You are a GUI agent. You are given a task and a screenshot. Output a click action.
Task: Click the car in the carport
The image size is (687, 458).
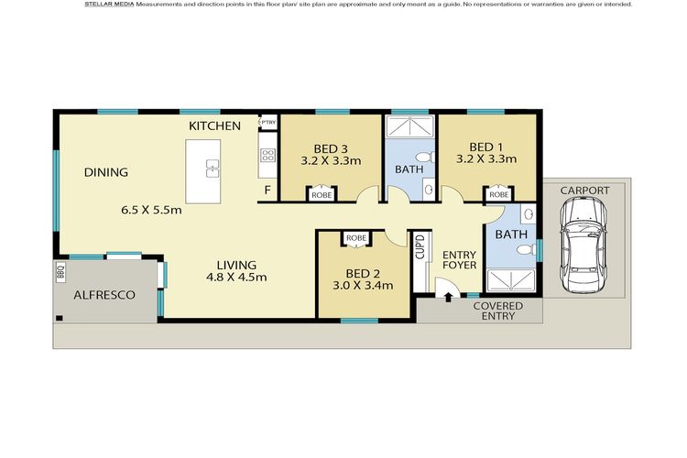tap(583, 245)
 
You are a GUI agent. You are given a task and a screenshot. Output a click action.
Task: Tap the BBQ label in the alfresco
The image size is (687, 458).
tap(60, 272)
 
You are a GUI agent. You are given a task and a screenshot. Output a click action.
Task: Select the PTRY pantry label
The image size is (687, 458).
tap(268, 122)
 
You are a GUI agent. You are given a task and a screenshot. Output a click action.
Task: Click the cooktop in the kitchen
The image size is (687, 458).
tap(267, 155)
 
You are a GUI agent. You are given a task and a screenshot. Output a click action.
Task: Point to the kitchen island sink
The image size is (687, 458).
tap(213, 169)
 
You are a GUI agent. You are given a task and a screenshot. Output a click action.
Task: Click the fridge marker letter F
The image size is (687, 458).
tap(267, 191)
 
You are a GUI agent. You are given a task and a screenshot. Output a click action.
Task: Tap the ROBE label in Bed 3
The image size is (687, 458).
tap(322, 195)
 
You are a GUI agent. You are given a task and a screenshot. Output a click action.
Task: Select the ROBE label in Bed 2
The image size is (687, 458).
tap(356, 238)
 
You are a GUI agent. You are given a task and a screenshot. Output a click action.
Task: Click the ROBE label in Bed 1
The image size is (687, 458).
tap(499, 194)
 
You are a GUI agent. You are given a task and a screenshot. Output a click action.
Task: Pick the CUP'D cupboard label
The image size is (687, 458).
tap(420, 246)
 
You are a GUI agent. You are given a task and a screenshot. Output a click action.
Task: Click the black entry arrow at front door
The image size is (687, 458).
tap(448, 298)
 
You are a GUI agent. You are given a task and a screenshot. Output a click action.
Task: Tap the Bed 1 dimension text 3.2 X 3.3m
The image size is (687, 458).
tap(486, 158)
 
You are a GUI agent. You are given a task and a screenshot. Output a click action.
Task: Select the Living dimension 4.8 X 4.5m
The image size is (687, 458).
tap(236, 277)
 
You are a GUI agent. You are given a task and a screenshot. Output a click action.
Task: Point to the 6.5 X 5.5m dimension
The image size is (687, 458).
tap(151, 210)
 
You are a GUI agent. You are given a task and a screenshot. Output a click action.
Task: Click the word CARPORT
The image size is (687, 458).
tap(585, 191)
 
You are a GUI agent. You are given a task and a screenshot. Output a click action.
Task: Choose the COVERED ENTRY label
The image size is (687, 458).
tap(498, 311)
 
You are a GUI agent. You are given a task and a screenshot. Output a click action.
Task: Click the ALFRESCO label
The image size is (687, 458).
tap(104, 295)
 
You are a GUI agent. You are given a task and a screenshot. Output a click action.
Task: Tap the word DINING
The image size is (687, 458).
tap(106, 172)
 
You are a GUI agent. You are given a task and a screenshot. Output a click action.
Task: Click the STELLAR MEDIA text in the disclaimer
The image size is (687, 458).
tap(109, 5)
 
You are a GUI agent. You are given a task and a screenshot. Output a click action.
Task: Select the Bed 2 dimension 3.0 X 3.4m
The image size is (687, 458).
tap(363, 286)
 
